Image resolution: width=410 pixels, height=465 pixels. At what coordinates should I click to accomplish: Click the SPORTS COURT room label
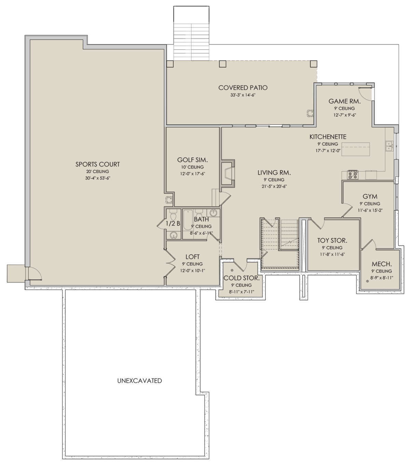[x=98, y=164]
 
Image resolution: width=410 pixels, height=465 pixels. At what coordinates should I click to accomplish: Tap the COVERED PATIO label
[x=243, y=88]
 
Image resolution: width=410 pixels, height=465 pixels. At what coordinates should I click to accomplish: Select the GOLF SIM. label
[x=192, y=160]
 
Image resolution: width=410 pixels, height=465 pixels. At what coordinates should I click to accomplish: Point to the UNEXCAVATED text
[x=139, y=381]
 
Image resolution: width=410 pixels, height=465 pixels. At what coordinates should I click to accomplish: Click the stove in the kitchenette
[x=353, y=175]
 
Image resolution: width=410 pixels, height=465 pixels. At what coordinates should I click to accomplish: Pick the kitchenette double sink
[x=389, y=146]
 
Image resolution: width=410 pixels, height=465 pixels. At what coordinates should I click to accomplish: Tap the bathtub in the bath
[x=188, y=220]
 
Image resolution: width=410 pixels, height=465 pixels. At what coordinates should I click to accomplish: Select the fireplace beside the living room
[x=228, y=173]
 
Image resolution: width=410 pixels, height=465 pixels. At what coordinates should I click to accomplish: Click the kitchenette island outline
[x=356, y=149]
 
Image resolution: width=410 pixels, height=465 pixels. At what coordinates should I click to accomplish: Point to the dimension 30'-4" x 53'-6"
[x=98, y=178]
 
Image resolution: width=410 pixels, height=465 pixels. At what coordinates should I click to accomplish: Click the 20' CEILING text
[x=98, y=172]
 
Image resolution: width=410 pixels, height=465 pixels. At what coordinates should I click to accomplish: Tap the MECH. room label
[x=382, y=264]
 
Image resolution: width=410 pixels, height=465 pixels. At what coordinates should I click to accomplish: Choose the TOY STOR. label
[x=332, y=241]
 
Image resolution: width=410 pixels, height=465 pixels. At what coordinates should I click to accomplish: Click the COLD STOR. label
[x=241, y=278]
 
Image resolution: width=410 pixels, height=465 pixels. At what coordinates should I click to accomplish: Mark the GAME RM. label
[x=344, y=101]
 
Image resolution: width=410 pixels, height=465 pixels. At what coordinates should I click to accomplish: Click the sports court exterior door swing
[x=35, y=273]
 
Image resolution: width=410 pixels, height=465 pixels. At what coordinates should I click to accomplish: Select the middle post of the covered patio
[x=222, y=64]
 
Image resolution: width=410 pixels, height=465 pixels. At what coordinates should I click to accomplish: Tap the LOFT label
[x=193, y=257]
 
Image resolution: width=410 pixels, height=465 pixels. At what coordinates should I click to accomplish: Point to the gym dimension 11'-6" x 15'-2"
[x=370, y=210]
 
